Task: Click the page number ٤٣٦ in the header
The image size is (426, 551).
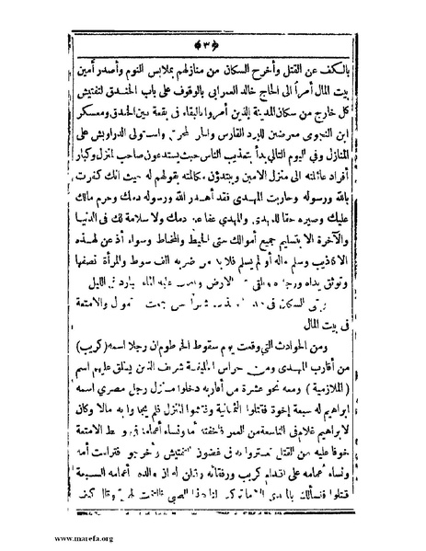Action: (x=214, y=43)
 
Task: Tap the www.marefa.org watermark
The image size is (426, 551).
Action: (x=35, y=538)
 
